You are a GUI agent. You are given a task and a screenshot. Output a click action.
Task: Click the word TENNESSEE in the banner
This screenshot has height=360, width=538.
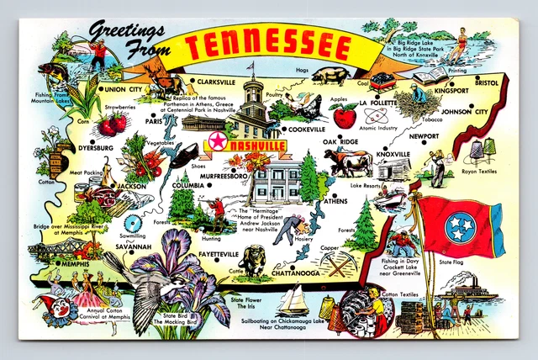click(x=271, y=46)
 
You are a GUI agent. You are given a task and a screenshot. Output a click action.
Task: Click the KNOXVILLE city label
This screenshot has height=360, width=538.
click(x=393, y=155)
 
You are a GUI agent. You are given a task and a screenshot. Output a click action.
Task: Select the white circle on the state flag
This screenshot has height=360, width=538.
click(x=459, y=224)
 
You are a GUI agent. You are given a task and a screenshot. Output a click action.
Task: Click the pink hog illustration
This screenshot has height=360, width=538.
click(x=330, y=75)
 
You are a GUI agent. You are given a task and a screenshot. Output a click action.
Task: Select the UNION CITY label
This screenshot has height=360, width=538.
click(x=122, y=88)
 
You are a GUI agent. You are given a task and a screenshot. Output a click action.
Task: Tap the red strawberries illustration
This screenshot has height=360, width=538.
click(x=111, y=124)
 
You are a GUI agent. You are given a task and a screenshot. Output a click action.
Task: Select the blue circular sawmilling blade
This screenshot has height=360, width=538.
click(x=131, y=225)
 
